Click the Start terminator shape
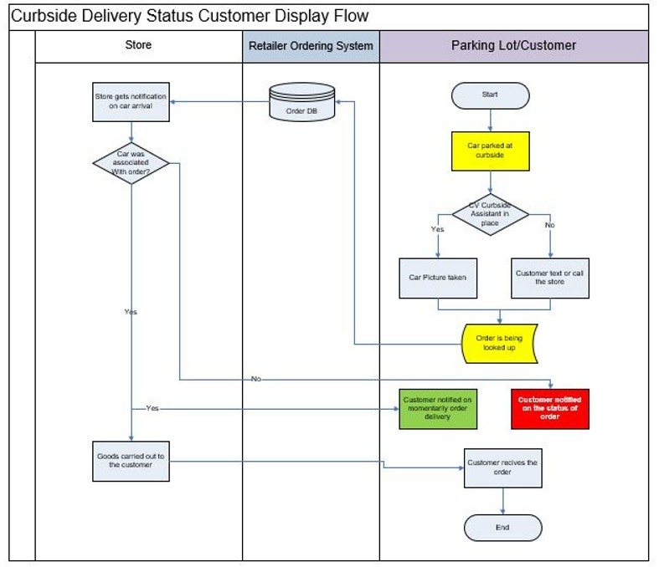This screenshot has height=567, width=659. [x=490, y=95]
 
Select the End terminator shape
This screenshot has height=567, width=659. [x=502, y=528]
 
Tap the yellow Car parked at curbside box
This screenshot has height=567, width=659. [x=490, y=151]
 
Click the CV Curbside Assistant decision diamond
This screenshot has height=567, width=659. [x=490, y=213]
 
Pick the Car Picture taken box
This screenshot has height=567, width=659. [x=437, y=277]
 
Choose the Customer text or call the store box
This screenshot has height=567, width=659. [x=549, y=277]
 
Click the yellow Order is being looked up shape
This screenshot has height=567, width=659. [x=499, y=343]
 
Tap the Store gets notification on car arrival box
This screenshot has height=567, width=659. [x=130, y=101]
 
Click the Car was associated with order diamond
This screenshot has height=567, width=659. [x=130, y=162]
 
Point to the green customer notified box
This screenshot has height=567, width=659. [x=437, y=408]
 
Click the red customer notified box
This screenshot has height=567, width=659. [x=549, y=408]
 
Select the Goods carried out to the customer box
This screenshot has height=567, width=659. [x=130, y=461]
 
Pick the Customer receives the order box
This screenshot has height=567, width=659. [x=502, y=467]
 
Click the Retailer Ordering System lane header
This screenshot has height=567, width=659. [x=311, y=46]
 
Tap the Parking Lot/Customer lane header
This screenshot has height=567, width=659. [x=513, y=46]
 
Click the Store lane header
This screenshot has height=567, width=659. [x=138, y=45]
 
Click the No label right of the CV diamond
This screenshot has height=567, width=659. [x=549, y=225]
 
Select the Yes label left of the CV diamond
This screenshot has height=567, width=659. [x=437, y=228]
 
